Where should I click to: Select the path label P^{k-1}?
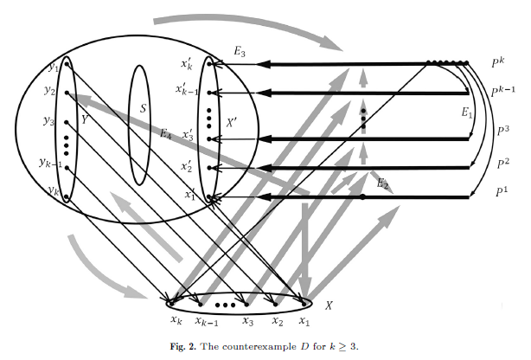tap(503, 91)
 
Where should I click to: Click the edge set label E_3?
tap(240, 53)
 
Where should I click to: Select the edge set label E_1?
tap(466, 112)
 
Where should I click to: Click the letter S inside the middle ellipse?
tap(143, 110)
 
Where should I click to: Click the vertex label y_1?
tap(54, 65)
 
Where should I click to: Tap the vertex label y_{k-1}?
tap(49, 161)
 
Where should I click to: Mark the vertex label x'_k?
tap(186, 64)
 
